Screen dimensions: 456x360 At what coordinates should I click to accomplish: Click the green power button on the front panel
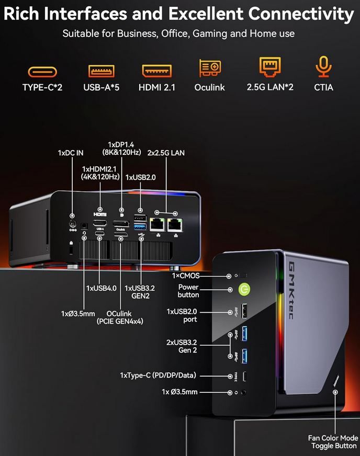pyautogui.click(x=243, y=289)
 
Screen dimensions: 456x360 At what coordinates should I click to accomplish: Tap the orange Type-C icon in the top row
pyautogui.click(x=42, y=72)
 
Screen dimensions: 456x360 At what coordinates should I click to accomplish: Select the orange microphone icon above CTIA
pyautogui.click(x=323, y=68)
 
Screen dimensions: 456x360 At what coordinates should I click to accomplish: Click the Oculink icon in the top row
pyautogui.click(x=210, y=69)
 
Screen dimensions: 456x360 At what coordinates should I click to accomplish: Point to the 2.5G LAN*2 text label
pyautogui.click(x=270, y=87)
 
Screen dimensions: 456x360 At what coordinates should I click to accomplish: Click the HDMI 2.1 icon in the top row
pyautogui.click(x=157, y=71)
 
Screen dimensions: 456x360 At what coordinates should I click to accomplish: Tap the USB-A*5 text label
pyautogui.click(x=102, y=87)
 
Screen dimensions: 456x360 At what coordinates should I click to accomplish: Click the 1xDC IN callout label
pyautogui.click(x=71, y=153)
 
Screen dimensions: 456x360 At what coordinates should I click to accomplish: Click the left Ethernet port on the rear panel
pyautogui.click(x=157, y=225)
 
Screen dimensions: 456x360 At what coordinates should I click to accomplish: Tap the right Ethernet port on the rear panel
pyautogui.click(x=175, y=225)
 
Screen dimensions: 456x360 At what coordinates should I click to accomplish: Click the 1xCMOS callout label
pyautogui.click(x=186, y=275)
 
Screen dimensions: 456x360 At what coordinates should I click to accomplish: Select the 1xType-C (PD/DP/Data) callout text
pyautogui.click(x=166, y=375)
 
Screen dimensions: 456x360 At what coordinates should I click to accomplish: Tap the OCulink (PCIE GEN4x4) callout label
pyautogui.click(x=120, y=317)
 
